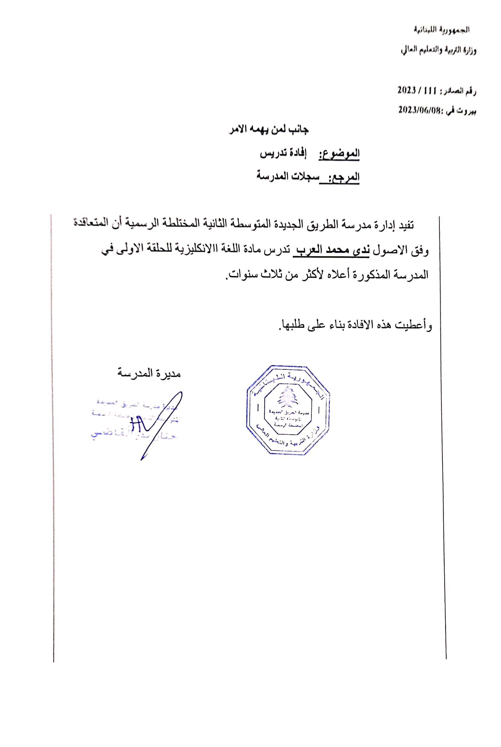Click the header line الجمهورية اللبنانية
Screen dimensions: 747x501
point(442,30)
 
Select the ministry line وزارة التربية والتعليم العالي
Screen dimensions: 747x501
point(438,50)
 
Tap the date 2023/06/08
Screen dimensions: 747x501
point(419,110)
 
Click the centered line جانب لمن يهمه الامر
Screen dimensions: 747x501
point(269,129)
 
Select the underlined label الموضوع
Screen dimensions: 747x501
point(339,154)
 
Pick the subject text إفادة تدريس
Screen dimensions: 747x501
point(283,153)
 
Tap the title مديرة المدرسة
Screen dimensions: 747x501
point(149,373)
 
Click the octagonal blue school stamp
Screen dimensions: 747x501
point(288,410)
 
